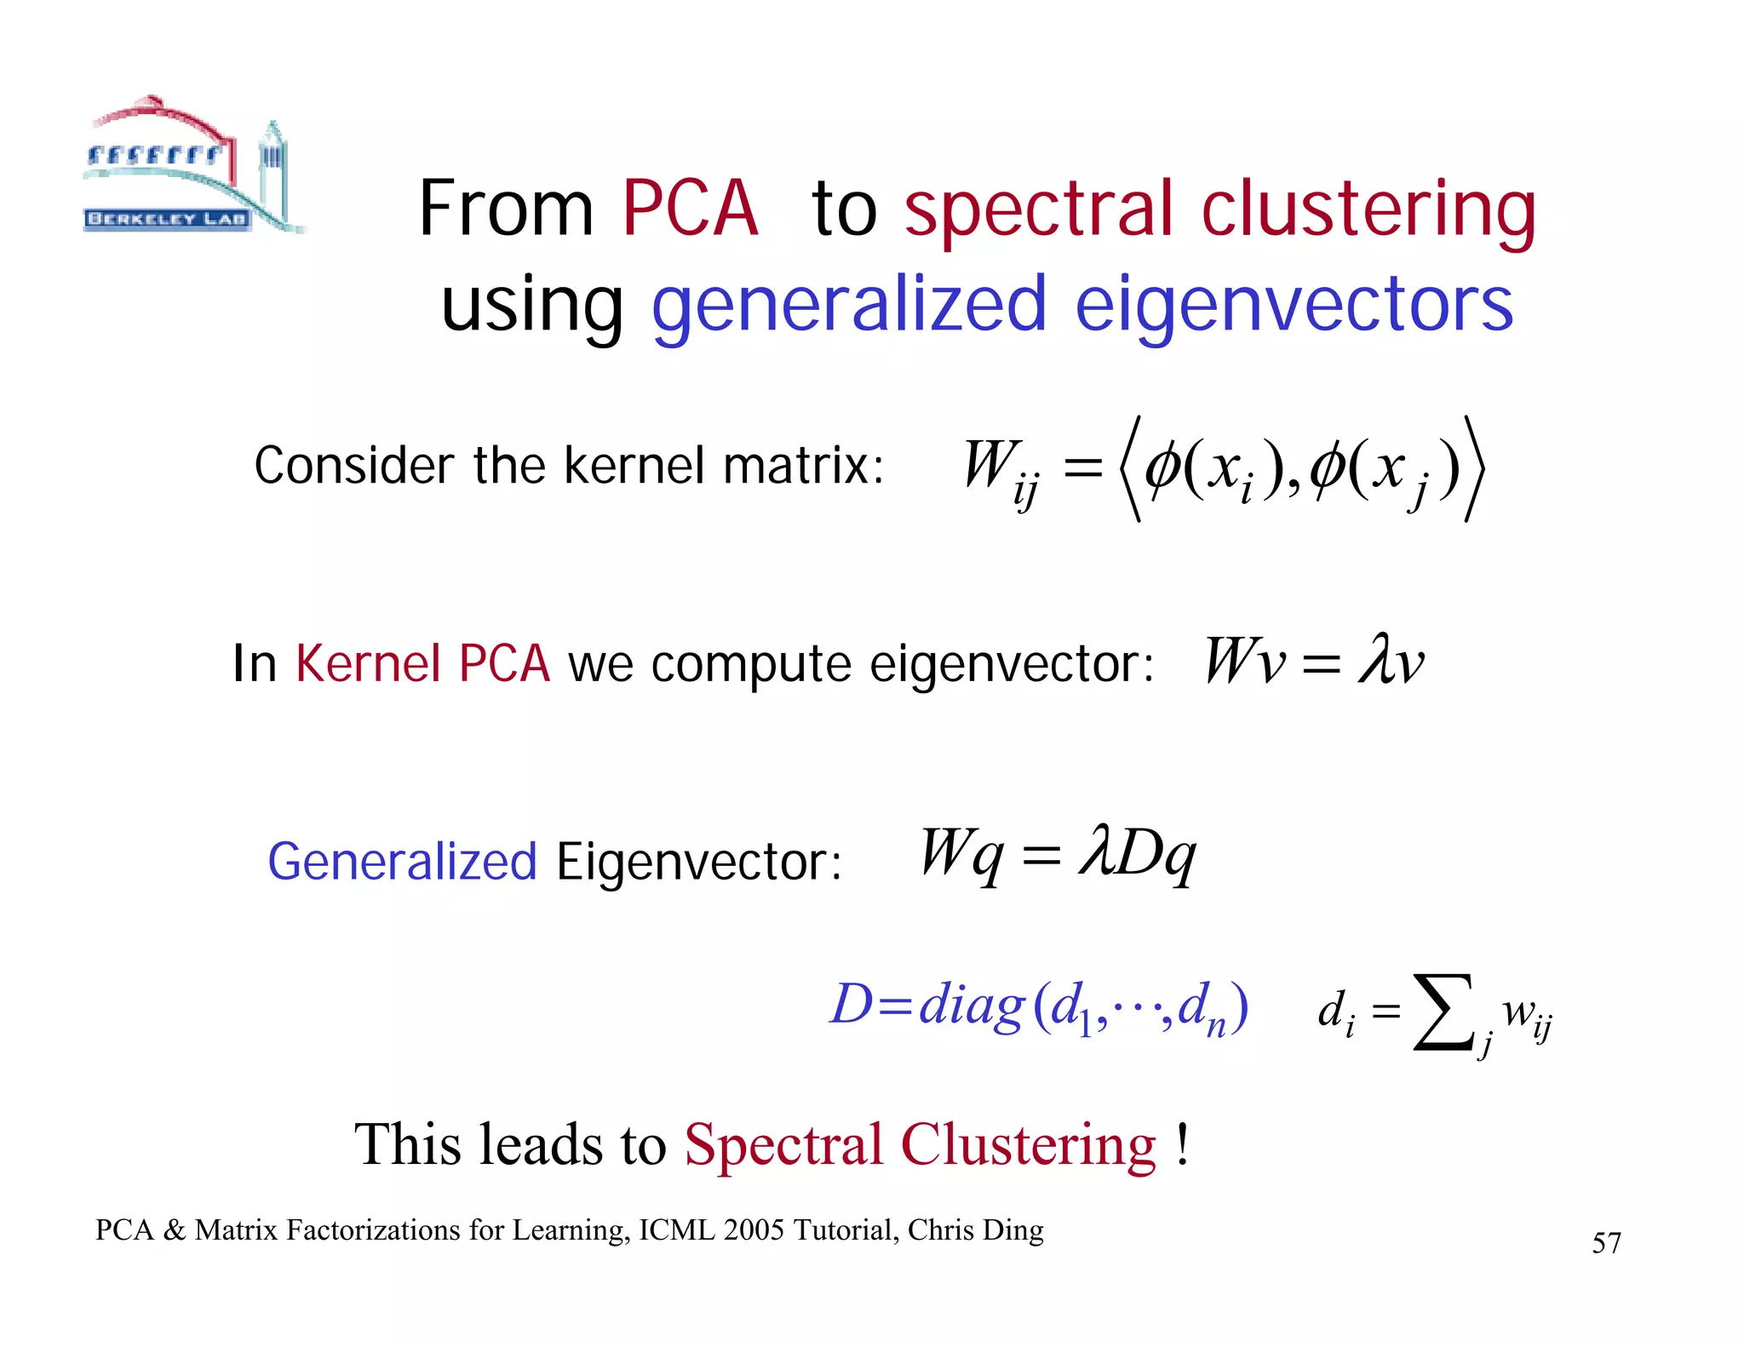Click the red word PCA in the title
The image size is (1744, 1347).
690,209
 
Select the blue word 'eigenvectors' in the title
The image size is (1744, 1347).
1294,304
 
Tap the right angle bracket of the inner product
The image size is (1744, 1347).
1474,468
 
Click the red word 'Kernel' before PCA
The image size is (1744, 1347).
368,663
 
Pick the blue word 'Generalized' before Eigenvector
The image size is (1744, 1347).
402,862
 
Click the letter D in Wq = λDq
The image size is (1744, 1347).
1138,853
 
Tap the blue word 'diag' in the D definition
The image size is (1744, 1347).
972,1005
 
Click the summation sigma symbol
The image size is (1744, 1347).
1441,1012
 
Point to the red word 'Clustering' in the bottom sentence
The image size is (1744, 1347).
1029,1144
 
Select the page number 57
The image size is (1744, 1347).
1606,1243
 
